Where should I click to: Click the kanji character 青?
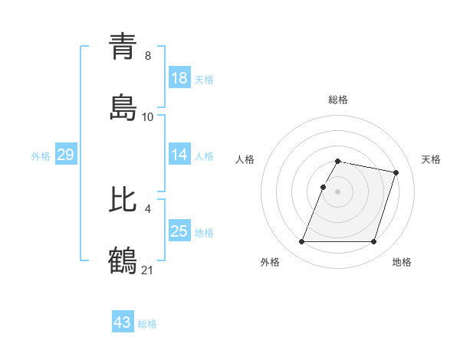click(x=123, y=47)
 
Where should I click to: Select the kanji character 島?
click(x=123, y=108)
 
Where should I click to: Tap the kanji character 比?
click(x=123, y=200)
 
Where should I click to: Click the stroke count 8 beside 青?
click(x=148, y=55)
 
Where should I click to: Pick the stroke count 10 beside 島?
click(x=148, y=116)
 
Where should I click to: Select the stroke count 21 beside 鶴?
click(x=148, y=269)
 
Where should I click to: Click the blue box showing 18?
click(x=179, y=78)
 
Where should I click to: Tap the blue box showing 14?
click(x=179, y=155)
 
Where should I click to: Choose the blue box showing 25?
click(x=179, y=231)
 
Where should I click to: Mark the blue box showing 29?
click(x=65, y=155)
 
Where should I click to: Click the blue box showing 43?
click(x=123, y=322)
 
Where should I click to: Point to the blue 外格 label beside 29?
click(x=41, y=155)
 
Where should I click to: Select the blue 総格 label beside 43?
click(x=147, y=324)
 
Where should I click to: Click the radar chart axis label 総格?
click(x=337, y=100)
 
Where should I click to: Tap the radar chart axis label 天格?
click(x=431, y=159)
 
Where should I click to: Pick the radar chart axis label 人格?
click(x=245, y=159)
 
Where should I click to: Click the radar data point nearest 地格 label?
click(x=373, y=242)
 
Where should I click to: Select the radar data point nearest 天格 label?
click(x=396, y=173)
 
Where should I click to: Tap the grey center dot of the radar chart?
click(x=337, y=191)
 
